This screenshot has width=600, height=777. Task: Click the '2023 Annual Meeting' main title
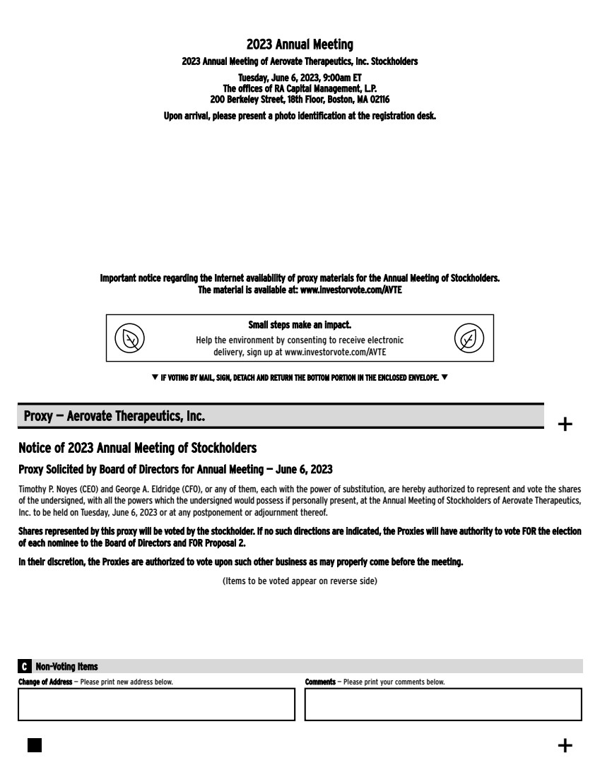click(300, 46)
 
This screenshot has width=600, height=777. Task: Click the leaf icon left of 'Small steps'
click(129, 338)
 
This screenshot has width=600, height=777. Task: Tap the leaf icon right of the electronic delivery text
click(469, 338)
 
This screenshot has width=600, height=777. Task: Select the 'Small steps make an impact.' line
click(300, 326)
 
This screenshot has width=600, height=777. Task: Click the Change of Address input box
click(156, 704)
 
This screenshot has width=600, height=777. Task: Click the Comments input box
click(443, 704)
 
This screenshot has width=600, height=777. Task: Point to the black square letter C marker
click(25, 667)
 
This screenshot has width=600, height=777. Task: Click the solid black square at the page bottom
click(35, 745)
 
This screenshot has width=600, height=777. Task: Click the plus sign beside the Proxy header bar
click(565, 424)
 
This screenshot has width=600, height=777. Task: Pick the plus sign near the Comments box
click(565, 745)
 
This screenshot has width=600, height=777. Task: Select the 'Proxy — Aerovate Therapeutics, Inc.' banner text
click(114, 417)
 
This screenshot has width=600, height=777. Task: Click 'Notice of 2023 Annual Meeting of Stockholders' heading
click(137, 449)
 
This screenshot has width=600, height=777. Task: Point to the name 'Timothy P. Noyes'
click(44, 489)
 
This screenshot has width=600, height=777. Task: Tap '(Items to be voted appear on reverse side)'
click(300, 581)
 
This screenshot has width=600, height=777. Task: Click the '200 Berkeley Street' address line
click(300, 100)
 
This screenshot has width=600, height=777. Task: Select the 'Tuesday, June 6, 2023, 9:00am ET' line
click(300, 78)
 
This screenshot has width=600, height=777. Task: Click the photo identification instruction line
click(300, 117)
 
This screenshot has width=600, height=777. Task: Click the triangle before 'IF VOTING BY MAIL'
click(155, 378)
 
